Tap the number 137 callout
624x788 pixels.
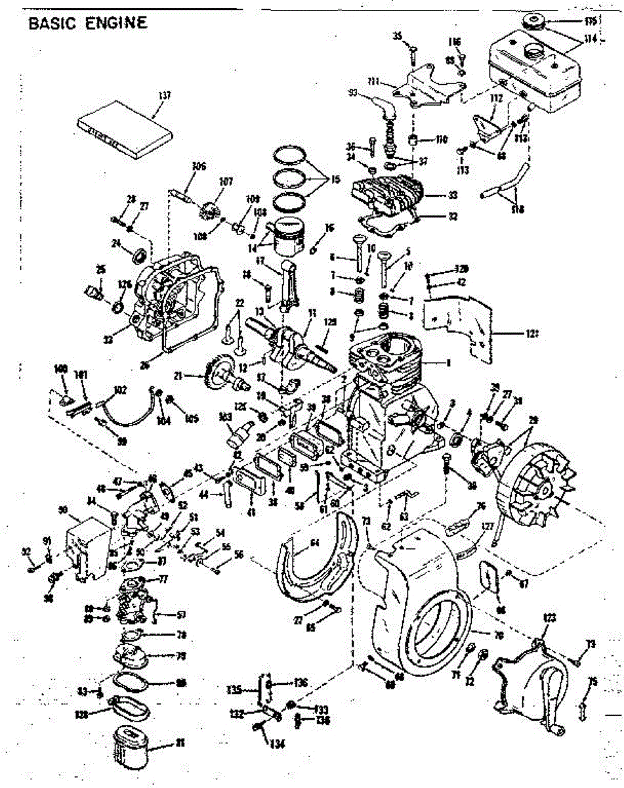(x=164, y=96)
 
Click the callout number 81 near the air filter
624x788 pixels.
(x=180, y=743)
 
